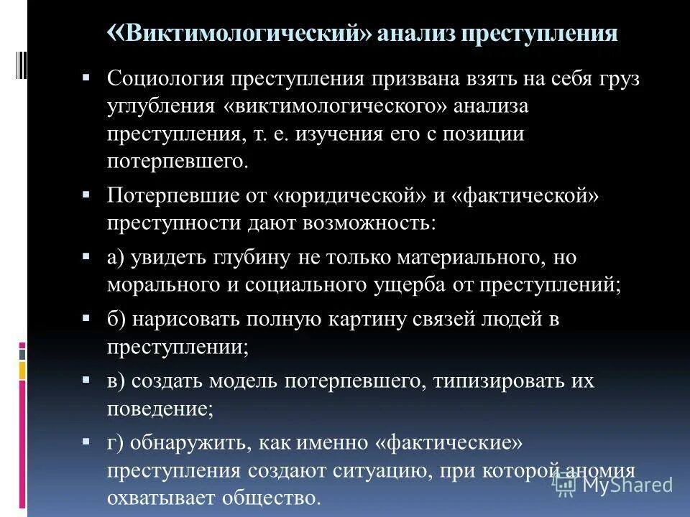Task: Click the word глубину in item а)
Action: point(249,258)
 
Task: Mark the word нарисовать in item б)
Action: point(188,320)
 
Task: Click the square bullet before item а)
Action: point(86,255)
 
